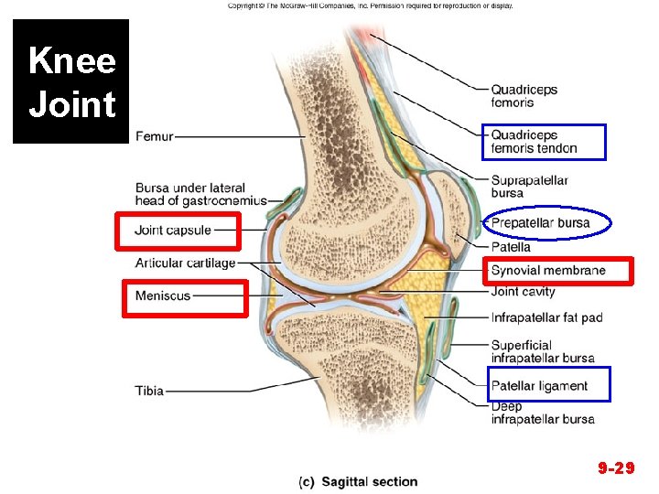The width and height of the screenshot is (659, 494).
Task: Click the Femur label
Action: [153, 137]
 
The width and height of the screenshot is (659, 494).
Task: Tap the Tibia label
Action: [149, 391]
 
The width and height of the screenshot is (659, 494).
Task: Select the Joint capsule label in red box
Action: [173, 231]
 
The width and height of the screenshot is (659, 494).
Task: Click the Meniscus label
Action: [163, 295]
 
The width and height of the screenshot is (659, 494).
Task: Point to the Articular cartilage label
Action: [185, 263]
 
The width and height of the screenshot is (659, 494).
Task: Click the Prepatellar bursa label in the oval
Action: [540, 223]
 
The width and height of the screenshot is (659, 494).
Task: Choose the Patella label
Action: [511, 247]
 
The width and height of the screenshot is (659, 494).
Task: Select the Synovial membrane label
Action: [548, 270]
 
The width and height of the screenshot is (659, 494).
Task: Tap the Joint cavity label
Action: [523, 292]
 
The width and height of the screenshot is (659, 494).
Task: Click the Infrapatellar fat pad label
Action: [546, 318]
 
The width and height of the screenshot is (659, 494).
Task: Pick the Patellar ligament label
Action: [539, 386]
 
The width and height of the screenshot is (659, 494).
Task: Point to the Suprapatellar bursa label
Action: [529, 187]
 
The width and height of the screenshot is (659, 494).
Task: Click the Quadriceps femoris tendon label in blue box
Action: [534, 142]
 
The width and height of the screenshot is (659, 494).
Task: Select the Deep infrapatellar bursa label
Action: [542, 413]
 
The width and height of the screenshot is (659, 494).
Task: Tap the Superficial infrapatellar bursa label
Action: [542, 351]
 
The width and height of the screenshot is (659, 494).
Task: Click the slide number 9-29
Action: [616, 468]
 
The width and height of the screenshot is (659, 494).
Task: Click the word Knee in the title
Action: [71, 62]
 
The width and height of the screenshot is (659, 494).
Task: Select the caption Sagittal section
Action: [358, 482]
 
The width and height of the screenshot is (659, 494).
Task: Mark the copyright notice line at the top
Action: [370, 5]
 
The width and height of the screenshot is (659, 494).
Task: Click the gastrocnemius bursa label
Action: [200, 195]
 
